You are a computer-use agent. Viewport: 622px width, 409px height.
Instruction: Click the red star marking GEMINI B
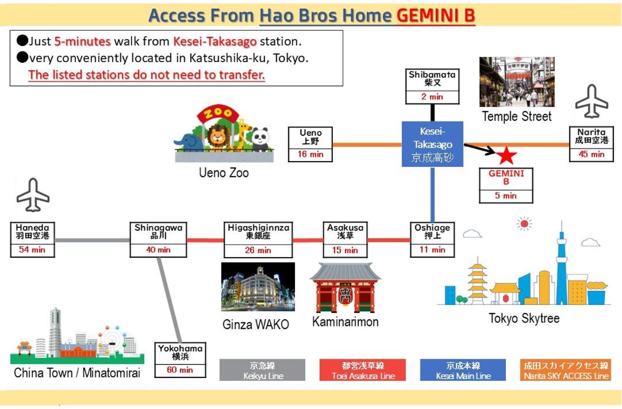506,155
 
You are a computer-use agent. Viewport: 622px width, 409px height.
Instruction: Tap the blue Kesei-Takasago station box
432,144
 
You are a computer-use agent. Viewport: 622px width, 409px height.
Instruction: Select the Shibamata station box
432,86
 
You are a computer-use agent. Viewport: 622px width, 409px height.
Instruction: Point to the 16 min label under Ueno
310,154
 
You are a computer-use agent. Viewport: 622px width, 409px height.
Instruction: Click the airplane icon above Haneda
33,195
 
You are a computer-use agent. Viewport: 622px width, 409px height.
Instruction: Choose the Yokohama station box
181,360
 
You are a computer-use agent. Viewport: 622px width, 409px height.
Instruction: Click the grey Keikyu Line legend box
262,370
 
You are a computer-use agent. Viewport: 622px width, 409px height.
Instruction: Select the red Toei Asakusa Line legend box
362,370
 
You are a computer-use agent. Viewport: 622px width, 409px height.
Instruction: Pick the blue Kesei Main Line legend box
463,370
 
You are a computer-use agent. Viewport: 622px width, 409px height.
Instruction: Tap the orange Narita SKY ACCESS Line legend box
566,370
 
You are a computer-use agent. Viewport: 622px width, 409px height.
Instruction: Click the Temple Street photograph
517,82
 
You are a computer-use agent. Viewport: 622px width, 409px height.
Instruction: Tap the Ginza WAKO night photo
258,287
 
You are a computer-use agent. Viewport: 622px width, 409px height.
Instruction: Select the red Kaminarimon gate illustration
345,288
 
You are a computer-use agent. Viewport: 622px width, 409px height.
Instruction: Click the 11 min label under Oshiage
432,250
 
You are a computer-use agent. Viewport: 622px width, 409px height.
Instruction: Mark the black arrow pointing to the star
479,149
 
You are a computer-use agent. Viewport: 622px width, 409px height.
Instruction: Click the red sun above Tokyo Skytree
524,223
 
